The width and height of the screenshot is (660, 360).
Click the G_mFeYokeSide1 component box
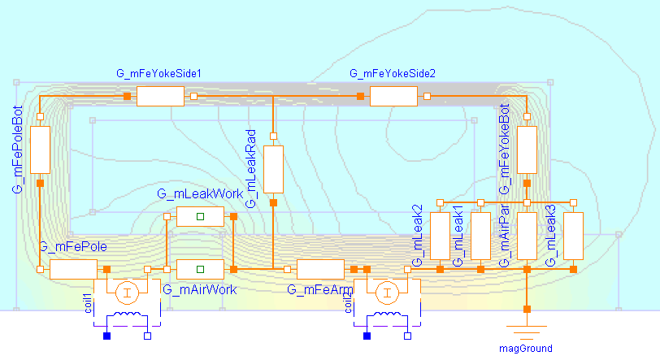click(160, 97)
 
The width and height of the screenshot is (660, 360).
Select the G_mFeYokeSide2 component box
click(393, 97)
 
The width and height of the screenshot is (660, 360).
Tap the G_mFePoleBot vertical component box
click(40, 150)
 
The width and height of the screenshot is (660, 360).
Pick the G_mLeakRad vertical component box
click(273, 168)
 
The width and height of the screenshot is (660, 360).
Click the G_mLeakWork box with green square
click(200, 216)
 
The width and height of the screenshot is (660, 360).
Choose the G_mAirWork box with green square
click(200, 269)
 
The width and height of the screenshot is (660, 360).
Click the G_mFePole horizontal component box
click(74, 269)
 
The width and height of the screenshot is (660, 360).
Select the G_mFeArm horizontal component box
click(321, 269)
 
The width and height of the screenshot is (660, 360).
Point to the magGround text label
click(526, 349)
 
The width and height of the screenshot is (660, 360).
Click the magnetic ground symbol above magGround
click(526, 332)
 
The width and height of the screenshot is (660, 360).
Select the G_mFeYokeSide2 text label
click(393, 74)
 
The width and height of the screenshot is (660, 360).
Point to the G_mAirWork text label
click(196, 288)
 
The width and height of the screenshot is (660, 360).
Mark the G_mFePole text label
click(73, 246)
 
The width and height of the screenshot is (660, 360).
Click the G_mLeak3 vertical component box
click(574, 236)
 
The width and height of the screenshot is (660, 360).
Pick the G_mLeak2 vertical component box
click(440, 236)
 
